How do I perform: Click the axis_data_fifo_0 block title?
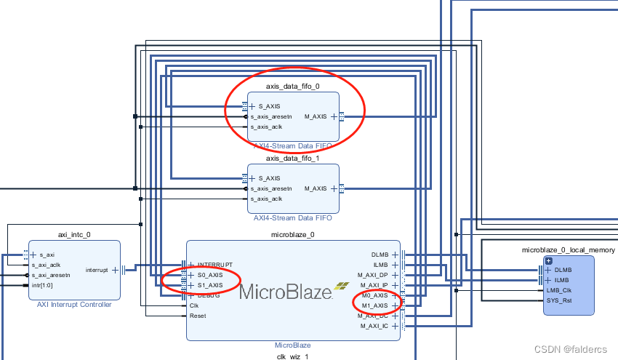[x=293, y=86]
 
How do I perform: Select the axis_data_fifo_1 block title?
[x=293, y=159]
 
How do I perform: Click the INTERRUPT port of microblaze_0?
[x=215, y=265]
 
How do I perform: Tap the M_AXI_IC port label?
[x=374, y=326]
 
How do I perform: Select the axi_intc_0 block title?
[x=75, y=235]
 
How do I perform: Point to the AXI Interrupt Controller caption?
[x=75, y=304]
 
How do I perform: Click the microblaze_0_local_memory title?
[x=569, y=250]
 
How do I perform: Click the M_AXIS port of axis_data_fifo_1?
[x=316, y=188]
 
